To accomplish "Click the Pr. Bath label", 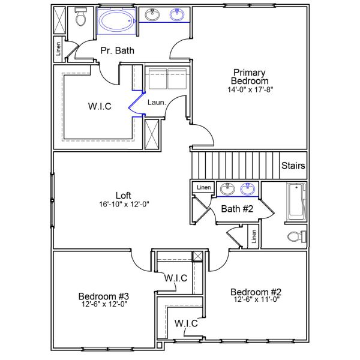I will (117, 50).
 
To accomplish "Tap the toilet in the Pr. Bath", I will (80, 19).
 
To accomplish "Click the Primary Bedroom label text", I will (250, 77).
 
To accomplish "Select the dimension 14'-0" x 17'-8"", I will (250, 91).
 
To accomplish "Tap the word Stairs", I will (293, 166).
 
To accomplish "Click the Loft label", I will (124, 195).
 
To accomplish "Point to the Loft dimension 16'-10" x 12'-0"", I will (124, 204).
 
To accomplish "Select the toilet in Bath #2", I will (296, 236).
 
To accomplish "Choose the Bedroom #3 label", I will (103, 296).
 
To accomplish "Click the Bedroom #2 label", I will (256, 292).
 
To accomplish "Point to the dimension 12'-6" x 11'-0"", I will (256, 299).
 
